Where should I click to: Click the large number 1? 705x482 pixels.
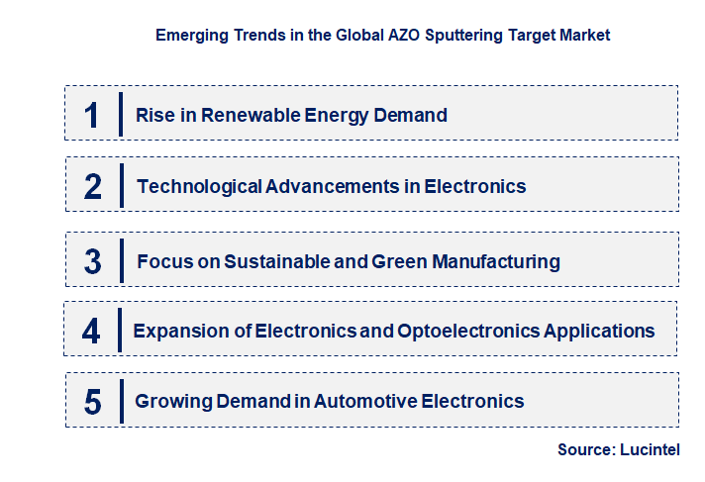click(x=91, y=115)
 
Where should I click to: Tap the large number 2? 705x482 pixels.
click(x=92, y=186)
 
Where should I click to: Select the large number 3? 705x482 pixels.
click(x=92, y=262)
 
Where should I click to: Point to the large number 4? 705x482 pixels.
click(x=91, y=331)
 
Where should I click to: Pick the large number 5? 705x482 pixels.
click(x=92, y=402)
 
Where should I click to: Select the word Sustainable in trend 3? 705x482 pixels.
click(x=274, y=262)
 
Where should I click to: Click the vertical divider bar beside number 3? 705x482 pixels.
click(x=121, y=262)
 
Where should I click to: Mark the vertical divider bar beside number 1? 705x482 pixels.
click(x=121, y=115)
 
